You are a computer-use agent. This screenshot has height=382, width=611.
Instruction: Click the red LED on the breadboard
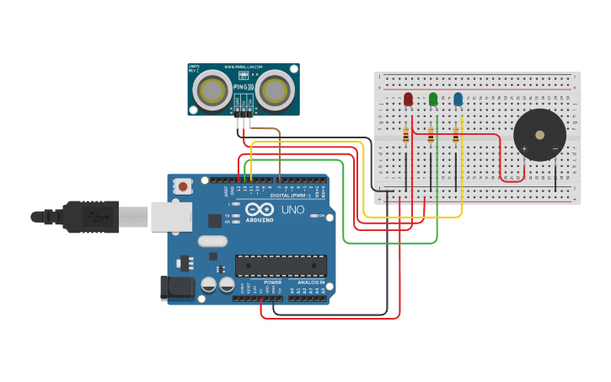(409, 100)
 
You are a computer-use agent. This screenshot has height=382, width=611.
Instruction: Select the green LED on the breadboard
(433, 100)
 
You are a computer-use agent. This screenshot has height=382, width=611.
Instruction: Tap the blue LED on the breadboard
(458, 100)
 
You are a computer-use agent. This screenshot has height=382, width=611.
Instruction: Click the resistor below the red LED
(406, 136)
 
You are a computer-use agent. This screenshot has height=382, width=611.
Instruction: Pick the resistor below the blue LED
(456, 136)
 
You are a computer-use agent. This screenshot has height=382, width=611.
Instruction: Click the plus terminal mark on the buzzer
(524, 149)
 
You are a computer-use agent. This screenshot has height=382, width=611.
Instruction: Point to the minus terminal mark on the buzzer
(555, 149)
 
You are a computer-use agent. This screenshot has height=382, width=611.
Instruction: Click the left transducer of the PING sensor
(215, 90)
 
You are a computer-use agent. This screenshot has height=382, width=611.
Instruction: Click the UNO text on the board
(292, 209)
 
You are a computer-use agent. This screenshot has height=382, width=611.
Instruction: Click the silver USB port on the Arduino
(172, 217)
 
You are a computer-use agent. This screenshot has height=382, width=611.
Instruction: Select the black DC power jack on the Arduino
(178, 288)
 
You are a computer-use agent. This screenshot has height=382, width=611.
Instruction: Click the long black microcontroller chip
(281, 266)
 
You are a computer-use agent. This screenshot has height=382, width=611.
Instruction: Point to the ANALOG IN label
(308, 282)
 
